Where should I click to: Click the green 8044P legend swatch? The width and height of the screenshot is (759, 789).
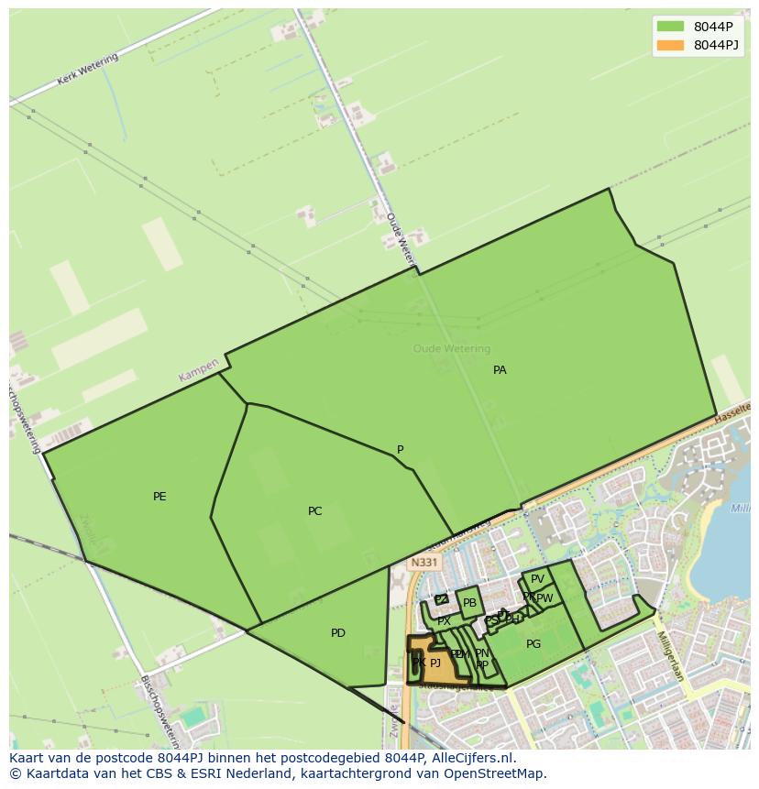click(670, 26)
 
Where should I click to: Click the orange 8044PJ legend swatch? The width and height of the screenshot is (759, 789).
click(670, 45)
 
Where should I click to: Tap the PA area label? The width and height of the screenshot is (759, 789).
click(500, 370)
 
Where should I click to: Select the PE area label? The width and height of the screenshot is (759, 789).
click(159, 497)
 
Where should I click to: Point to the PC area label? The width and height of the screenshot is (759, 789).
click(314, 511)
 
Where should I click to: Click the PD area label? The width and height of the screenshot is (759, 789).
click(338, 633)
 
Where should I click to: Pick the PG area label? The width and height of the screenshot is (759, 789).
click(533, 644)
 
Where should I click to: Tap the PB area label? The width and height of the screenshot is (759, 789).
click(469, 603)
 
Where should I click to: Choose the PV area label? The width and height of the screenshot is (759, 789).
click(537, 579)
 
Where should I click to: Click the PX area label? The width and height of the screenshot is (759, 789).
click(444, 620)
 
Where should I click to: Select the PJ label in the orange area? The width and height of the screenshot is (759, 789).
click(435, 663)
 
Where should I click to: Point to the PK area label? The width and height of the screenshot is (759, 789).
click(418, 663)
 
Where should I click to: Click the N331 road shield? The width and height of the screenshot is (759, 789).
click(424, 563)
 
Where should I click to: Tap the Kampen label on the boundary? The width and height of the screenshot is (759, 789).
click(199, 370)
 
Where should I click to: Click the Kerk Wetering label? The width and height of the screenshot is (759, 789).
click(88, 70)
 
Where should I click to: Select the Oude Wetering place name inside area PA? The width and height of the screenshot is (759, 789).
click(451, 348)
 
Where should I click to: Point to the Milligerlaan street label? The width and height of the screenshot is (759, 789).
click(670, 655)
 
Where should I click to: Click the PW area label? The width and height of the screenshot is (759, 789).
click(544, 598)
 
